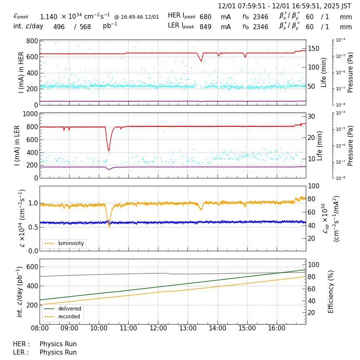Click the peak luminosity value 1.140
point(48,17)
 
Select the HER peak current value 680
point(205,17)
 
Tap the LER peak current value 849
point(205,27)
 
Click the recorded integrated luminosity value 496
point(59,27)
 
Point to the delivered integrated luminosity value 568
point(85,27)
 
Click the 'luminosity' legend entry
point(71,243)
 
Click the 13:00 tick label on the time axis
point(187,328)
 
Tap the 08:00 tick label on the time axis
point(40,328)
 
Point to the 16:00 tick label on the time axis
point(276,328)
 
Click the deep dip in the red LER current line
point(109,151)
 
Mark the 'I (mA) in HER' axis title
point(21,72)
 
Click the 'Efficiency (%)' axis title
point(331,291)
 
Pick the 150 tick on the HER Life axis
point(313,49)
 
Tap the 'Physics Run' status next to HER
point(58,344)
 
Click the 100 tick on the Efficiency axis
point(313,265)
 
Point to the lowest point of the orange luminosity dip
point(109,227)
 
